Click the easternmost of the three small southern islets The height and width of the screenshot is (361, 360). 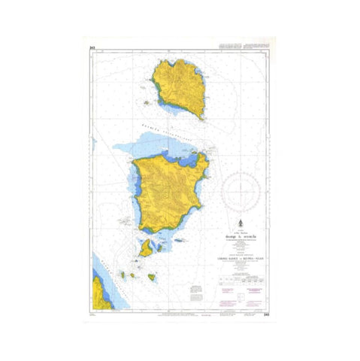151,278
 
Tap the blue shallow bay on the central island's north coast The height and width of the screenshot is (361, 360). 185,158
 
